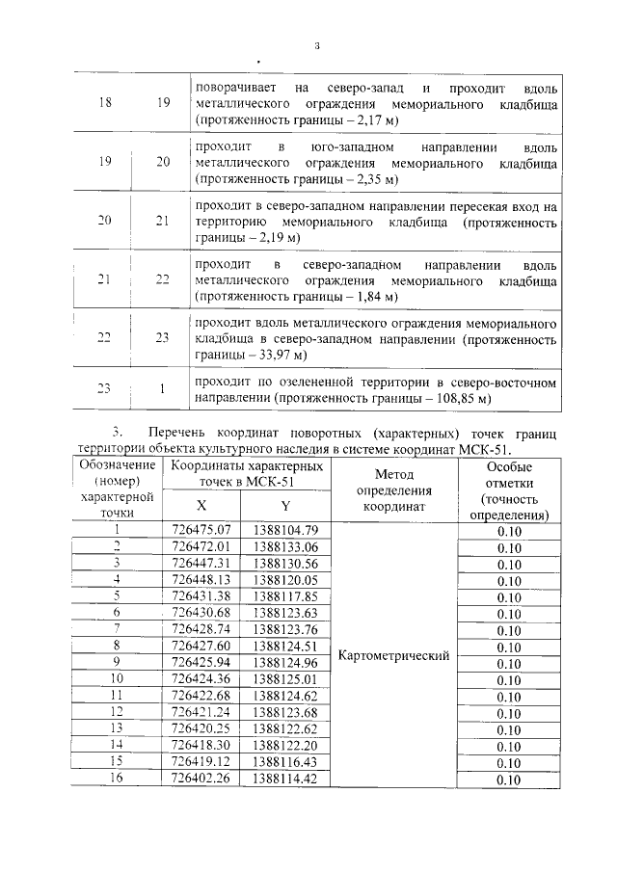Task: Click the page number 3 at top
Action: [x=315, y=44]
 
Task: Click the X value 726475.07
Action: [x=201, y=529]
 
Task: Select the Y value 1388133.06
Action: [x=284, y=546]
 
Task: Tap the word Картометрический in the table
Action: [x=394, y=656]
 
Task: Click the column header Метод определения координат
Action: [x=394, y=489]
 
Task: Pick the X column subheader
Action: [x=201, y=506]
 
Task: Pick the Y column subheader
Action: [x=284, y=506]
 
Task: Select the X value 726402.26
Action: [x=201, y=780]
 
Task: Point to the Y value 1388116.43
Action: [x=284, y=762]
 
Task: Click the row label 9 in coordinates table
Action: [x=117, y=662]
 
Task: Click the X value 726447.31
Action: [x=201, y=563]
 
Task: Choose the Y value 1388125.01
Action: [x=284, y=679]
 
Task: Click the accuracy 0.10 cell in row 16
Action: [x=509, y=780]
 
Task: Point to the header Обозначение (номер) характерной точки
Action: [x=117, y=489]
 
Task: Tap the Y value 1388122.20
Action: [x=284, y=746]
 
